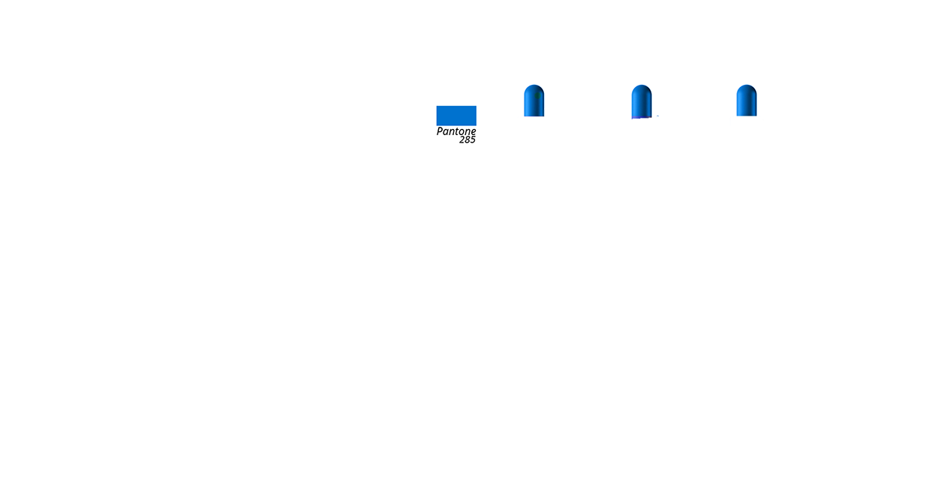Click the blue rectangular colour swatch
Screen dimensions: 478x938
pos(456,116)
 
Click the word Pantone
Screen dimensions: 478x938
pos(456,131)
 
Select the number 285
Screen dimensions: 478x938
pos(467,140)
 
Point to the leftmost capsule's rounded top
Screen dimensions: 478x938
pos(534,88)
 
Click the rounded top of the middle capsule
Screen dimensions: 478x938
pos(641,88)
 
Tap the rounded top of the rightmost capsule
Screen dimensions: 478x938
pos(746,88)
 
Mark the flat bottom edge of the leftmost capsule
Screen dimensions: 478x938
pos(534,116)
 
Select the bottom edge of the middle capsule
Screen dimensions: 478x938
pos(641,118)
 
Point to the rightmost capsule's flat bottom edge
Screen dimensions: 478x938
pos(746,115)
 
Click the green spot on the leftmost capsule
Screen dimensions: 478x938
pos(538,95)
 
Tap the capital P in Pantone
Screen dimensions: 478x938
pos(440,131)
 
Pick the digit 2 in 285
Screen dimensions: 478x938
pos(462,140)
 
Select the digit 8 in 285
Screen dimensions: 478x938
pos(467,140)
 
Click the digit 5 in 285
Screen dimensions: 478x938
pos(473,140)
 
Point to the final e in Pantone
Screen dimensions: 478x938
pos(473,132)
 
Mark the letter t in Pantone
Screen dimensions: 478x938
pos(456,131)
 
